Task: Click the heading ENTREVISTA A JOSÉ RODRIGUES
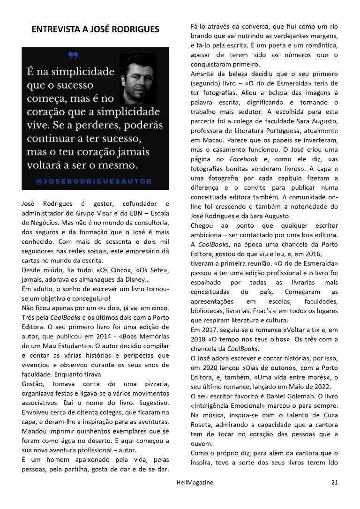[x=95, y=30]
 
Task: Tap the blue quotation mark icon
[x=73, y=56]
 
